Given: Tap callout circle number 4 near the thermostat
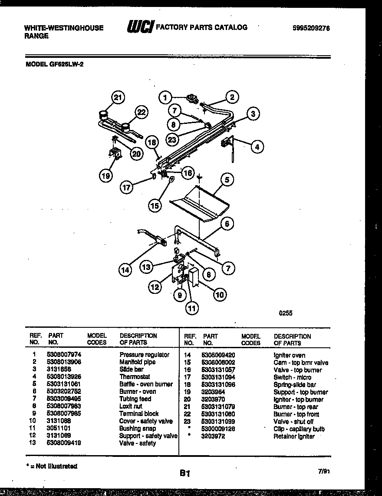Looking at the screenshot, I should (257, 147).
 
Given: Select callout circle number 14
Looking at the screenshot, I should (125, 270).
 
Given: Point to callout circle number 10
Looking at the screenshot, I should (220, 295).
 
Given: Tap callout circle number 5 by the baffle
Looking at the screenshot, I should (227, 179).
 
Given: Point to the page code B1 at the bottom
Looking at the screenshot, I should (185, 473).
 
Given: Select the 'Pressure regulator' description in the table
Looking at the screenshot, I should (145, 355).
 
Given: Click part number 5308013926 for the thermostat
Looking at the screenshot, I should (64, 377).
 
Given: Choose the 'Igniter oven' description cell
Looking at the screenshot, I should (289, 355).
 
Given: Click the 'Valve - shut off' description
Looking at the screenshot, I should (293, 422).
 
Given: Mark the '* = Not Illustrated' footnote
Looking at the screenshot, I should (51, 466).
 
